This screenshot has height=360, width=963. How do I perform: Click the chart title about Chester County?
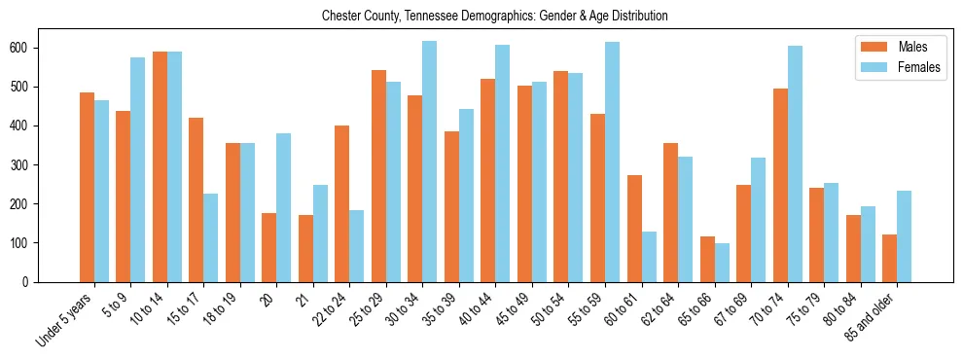[x=495, y=16]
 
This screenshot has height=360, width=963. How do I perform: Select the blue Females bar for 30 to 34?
[x=430, y=162]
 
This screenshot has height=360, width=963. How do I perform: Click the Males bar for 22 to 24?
[x=342, y=203]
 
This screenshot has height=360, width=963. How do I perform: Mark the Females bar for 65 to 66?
[x=722, y=263]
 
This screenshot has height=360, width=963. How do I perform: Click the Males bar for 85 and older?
[x=889, y=258]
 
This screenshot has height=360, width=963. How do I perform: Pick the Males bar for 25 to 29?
[x=378, y=176]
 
